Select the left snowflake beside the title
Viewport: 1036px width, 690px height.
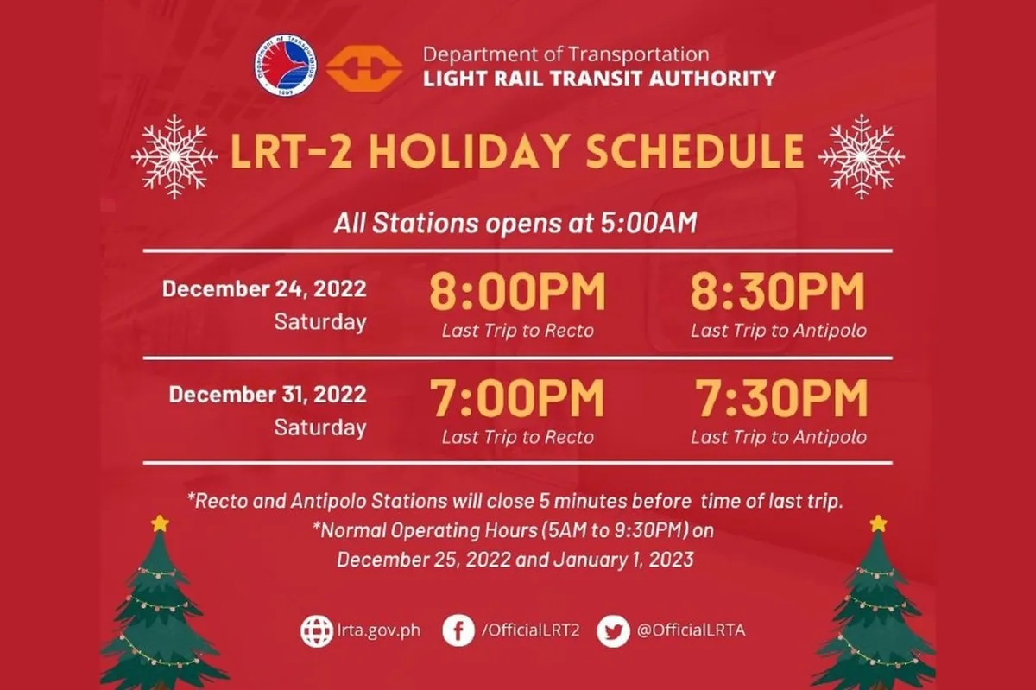pyautogui.click(x=174, y=156)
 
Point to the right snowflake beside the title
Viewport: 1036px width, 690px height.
pyautogui.click(x=861, y=156)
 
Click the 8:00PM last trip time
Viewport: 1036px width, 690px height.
pyautogui.click(x=517, y=294)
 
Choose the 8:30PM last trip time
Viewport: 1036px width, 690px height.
pyautogui.click(x=777, y=294)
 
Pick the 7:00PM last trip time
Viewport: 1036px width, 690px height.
pyautogui.click(x=517, y=400)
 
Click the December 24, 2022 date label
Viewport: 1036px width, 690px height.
pyautogui.click(x=264, y=288)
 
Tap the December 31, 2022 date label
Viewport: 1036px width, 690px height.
pyautogui.click(x=268, y=396)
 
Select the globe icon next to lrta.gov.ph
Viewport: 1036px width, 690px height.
pyautogui.click(x=316, y=630)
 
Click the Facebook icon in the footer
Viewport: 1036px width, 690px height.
pyautogui.click(x=458, y=630)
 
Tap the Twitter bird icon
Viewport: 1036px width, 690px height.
pyautogui.click(x=612, y=630)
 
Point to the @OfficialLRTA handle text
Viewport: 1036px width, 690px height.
pyautogui.click(x=690, y=630)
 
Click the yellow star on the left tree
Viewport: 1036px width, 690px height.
pyautogui.click(x=159, y=522)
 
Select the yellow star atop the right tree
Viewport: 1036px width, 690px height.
pyautogui.click(x=878, y=522)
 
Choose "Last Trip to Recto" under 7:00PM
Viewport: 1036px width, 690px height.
pyautogui.click(x=517, y=437)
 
